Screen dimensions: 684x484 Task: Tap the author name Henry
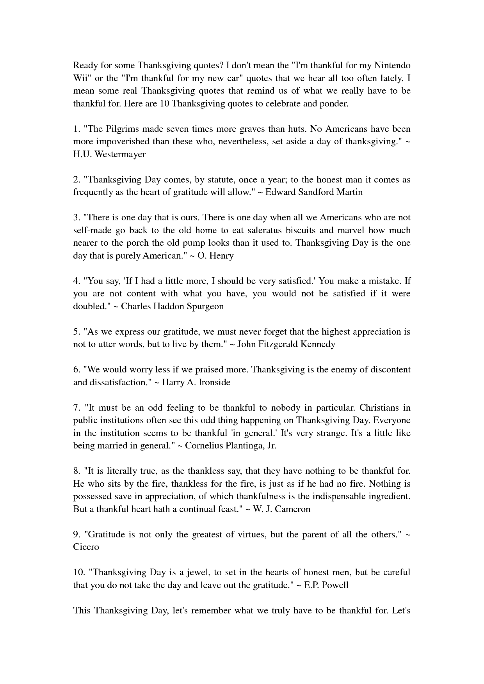(221, 255)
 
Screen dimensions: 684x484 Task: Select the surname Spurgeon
(205, 306)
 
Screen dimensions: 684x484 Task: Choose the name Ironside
(214, 382)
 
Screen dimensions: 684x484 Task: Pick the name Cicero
(86, 547)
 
